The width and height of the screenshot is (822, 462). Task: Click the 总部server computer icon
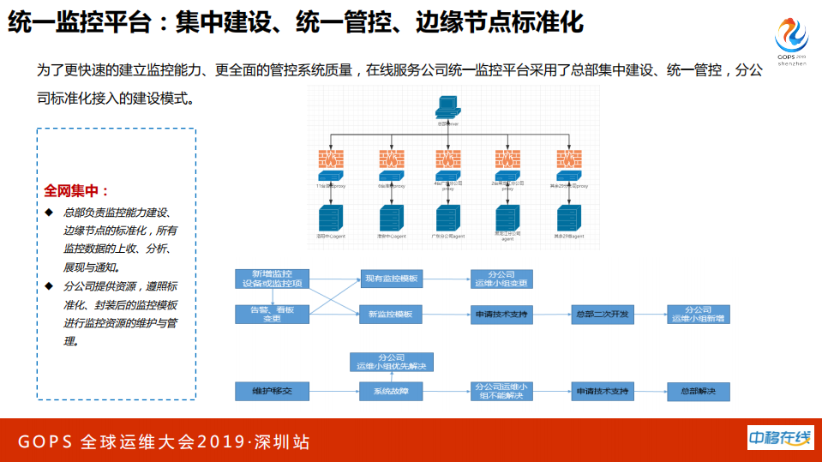point(448,107)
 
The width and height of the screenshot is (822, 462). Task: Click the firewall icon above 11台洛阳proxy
point(330,159)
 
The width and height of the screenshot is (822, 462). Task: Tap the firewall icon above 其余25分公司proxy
point(568,159)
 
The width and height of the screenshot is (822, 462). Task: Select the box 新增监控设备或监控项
point(271,278)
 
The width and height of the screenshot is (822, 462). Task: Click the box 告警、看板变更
point(271,314)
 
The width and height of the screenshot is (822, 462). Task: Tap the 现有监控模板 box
point(391,279)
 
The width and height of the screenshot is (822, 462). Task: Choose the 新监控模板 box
point(391,315)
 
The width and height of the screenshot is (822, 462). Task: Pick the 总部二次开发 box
point(603,315)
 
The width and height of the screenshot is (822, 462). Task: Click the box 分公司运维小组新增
point(698,314)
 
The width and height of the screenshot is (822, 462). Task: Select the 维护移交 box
point(271,392)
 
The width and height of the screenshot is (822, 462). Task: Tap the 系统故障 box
point(391,392)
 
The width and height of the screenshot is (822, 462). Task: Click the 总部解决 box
point(698,392)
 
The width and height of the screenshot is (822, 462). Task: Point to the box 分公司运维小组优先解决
point(391,362)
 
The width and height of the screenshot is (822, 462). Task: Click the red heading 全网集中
point(77,191)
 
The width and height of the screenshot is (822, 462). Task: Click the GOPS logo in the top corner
point(791,39)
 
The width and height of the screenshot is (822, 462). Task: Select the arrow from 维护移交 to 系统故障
point(333,392)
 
